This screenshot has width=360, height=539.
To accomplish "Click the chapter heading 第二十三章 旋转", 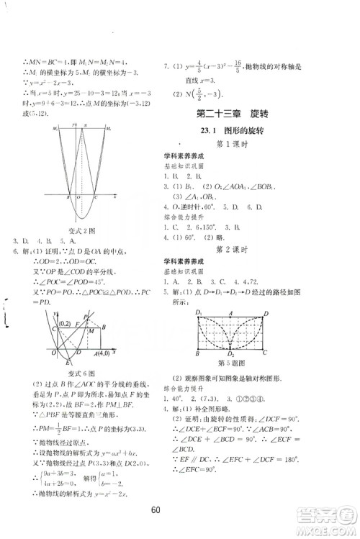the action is [x=241, y=114].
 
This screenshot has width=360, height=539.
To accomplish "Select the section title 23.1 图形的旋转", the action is [x=242, y=131].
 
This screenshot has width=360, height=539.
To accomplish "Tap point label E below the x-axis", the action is [x=55, y=353].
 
